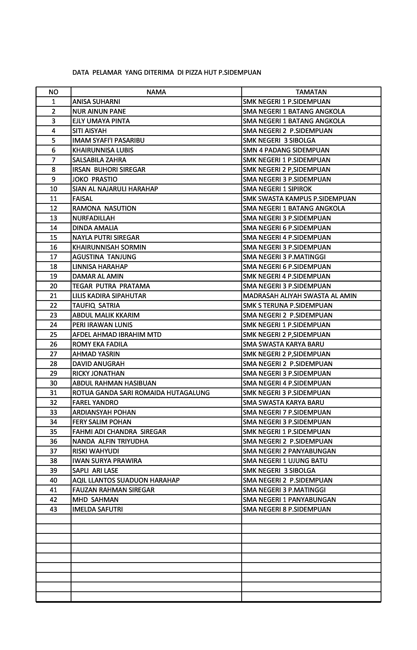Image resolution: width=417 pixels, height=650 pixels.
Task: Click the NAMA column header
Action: [x=156, y=92]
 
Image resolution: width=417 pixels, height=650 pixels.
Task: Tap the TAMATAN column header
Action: [x=311, y=92]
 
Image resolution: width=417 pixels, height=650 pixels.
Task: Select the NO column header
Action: [x=53, y=92]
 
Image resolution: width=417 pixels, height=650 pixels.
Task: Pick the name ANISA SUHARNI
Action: [x=96, y=102]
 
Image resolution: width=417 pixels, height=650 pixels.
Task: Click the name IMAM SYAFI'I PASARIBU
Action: [x=108, y=141]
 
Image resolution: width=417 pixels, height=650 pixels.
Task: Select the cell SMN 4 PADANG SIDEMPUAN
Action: [x=286, y=150]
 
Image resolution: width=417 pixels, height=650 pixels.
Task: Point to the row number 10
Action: [x=53, y=189]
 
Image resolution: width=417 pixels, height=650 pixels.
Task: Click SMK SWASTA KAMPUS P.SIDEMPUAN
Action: [x=299, y=199]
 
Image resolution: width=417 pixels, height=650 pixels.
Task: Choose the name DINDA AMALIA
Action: [x=95, y=228]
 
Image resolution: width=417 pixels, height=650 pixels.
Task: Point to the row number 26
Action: [x=53, y=345]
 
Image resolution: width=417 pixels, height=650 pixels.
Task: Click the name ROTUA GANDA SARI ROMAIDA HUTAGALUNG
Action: [x=141, y=393]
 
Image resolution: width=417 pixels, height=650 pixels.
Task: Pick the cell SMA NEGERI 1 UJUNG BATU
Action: [x=285, y=461]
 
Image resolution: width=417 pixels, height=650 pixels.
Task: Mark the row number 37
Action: [x=53, y=451]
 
